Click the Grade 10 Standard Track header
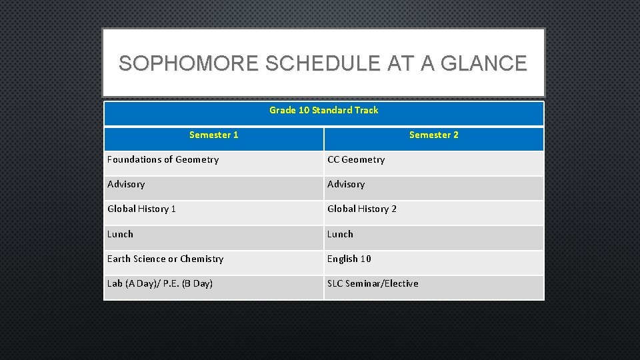coord(323,110)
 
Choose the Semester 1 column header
coord(213,135)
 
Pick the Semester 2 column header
coord(433,135)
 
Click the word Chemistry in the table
coord(202,259)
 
